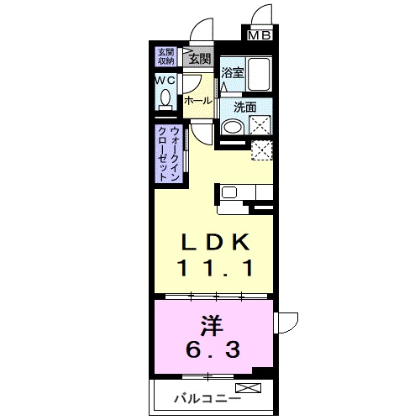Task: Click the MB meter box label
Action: (x=260, y=35)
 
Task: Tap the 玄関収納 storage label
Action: (x=166, y=57)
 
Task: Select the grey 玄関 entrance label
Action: (x=199, y=59)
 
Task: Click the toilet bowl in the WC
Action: (x=165, y=97)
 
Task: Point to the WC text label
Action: (x=165, y=81)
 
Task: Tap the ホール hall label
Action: (x=198, y=101)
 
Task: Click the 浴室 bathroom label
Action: (x=233, y=73)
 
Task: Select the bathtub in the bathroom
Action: (x=260, y=74)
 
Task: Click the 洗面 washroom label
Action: (x=245, y=108)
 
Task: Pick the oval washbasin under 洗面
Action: (x=233, y=127)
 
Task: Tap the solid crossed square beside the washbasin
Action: (x=260, y=125)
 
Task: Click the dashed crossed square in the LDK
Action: (x=262, y=150)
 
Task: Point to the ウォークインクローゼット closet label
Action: (x=169, y=155)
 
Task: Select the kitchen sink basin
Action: (x=229, y=192)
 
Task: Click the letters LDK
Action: (x=216, y=242)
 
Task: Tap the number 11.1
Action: (x=215, y=268)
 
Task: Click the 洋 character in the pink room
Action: (x=213, y=326)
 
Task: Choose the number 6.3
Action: (x=213, y=350)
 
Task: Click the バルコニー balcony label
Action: (x=207, y=398)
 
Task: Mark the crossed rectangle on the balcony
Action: (x=249, y=388)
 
